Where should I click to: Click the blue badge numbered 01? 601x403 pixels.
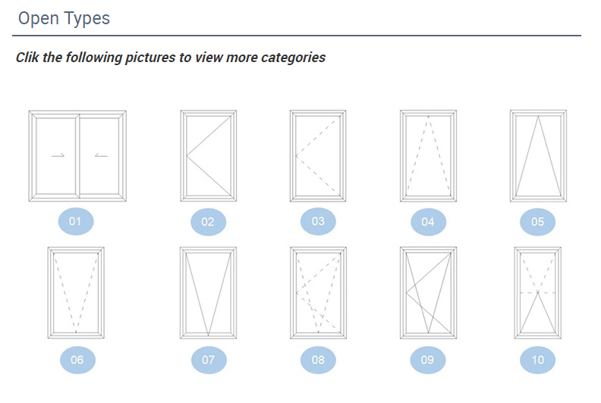click(x=76, y=221)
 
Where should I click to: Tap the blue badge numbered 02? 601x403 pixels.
click(x=208, y=222)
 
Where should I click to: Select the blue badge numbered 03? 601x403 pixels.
click(x=318, y=221)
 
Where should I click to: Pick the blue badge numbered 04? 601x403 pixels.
click(x=428, y=222)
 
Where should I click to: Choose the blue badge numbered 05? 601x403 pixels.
click(x=537, y=222)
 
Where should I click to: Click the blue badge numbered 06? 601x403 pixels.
click(x=77, y=360)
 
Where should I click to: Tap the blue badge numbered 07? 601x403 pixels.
click(x=209, y=360)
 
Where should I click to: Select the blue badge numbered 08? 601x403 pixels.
click(x=318, y=360)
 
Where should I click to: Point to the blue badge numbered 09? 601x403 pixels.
click(x=428, y=360)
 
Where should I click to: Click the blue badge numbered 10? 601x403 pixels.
click(x=537, y=360)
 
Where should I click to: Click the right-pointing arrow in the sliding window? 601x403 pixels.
click(x=58, y=155)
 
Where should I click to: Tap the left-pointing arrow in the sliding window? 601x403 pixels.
click(x=101, y=155)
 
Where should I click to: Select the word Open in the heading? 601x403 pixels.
click(x=39, y=19)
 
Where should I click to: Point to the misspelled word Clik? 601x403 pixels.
click(x=27, y=58)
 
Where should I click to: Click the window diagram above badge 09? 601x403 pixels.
click(x=428, y=292)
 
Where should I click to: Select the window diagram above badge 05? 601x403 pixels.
click(x=538, y=156)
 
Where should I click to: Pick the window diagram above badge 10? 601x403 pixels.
click(x=538, y=292)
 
